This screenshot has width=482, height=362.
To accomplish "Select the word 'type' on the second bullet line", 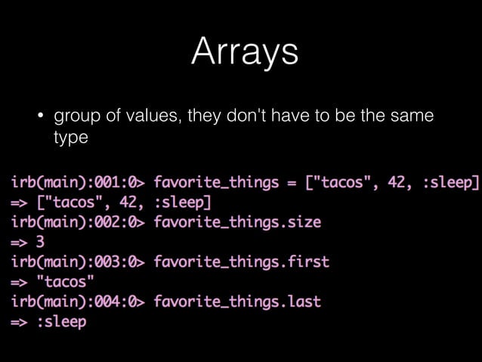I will tap(71, 139).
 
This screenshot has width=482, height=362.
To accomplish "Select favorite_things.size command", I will tap(237, 222).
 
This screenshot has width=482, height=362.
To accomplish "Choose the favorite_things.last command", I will tap(237, 302).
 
